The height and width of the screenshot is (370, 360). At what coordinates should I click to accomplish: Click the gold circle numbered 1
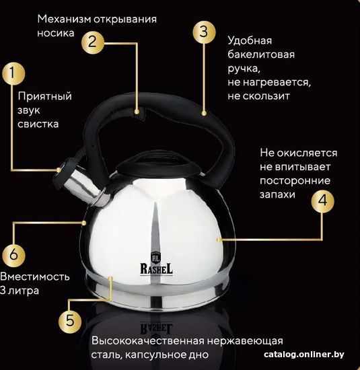tap(13, 73)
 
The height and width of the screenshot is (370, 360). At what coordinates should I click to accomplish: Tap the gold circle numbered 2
tap(93, 42)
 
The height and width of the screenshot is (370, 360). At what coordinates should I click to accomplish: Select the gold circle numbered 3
tap(204, 32)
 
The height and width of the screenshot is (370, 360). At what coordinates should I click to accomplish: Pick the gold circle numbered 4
tap(322, 201)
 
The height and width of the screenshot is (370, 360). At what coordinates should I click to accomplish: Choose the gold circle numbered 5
tap(70, 321)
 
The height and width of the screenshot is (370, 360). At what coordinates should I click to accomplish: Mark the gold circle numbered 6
tap(13, 255)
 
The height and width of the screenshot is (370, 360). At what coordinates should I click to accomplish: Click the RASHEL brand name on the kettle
tap(157, 269)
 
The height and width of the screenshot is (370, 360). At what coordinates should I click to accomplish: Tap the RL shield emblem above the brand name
tap(156, 257)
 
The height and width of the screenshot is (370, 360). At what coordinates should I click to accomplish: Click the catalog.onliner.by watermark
tap(304, 355)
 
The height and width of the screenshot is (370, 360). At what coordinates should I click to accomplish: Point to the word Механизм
tap(64, 19)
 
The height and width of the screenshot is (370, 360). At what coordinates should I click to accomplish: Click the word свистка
tap(38, 124)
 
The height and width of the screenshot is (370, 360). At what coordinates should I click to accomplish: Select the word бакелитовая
tap(261, 54)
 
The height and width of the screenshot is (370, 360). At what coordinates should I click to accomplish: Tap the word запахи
tap(277, 195)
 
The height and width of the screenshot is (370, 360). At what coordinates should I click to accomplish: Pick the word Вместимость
tap(35, 276)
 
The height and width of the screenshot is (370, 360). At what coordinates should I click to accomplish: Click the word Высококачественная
tap(148, 341)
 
